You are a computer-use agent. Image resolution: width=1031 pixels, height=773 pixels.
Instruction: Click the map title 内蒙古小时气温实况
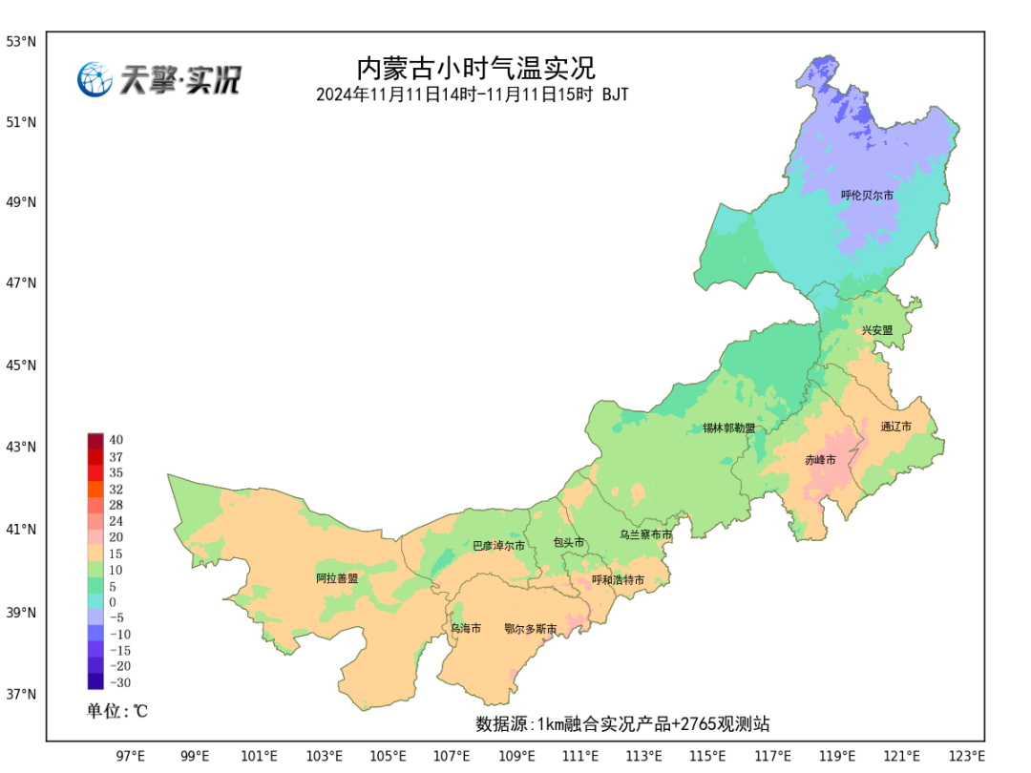point(474,69)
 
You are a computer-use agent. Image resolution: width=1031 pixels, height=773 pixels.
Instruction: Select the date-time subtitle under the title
point(473,95)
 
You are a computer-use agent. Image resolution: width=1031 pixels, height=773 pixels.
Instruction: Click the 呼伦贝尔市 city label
point(867,196)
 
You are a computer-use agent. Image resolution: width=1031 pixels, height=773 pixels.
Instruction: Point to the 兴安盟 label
point(876,330)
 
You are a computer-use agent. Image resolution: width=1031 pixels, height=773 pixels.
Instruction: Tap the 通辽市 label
point(895,427)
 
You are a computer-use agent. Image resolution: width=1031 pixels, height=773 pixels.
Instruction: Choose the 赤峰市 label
point(820,460)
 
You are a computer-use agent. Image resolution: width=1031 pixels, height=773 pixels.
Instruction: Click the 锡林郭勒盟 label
point(728,428)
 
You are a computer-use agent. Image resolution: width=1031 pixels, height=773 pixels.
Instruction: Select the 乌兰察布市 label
point(645,535)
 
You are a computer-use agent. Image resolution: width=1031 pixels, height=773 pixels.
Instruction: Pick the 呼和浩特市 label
point(618,580)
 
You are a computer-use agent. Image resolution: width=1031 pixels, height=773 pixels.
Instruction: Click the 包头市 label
point(569,543)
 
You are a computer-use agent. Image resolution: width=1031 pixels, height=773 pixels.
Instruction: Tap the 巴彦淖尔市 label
point(498,547)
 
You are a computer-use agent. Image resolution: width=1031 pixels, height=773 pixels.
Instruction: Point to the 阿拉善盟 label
point(337,578)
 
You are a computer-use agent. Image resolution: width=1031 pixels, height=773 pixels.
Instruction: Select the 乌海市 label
point(466,629)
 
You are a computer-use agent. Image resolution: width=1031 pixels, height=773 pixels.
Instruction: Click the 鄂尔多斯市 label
point(530,629)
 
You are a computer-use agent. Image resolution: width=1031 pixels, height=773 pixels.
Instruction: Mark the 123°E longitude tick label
point(967,757)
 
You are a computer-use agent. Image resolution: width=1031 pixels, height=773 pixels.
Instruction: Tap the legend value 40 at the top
point(116,440)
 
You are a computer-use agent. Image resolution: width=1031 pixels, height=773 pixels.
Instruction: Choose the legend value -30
point(119,682)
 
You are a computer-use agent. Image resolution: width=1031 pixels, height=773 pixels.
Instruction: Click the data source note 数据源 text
point(622,724)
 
